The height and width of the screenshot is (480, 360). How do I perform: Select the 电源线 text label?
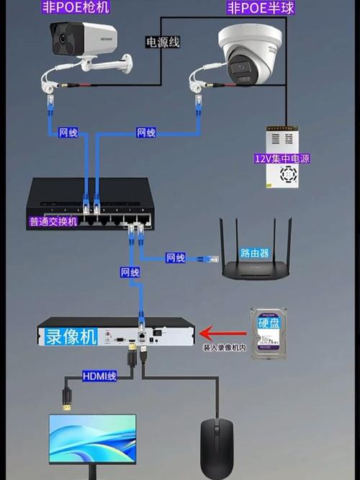[x=163, y=43]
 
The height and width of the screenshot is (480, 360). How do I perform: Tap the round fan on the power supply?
[x=288, y=174]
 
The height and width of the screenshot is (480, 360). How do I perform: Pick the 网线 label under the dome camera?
[x=146, y=133]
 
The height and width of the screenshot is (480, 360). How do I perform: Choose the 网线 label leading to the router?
[x=175, y=257]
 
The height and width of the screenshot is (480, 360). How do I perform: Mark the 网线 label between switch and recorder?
[x=130, y=272]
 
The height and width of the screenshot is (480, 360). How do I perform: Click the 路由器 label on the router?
[x=254, y=254]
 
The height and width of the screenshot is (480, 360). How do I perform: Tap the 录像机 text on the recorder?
[x=71, y=336]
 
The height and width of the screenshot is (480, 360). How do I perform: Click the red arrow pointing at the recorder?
[x=219, y=333]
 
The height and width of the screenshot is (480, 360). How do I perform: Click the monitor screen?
[x=92, y=437]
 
